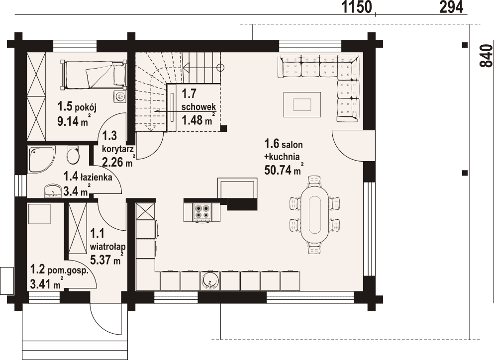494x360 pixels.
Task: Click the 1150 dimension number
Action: (357, 7)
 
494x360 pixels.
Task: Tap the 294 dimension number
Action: (452, 7)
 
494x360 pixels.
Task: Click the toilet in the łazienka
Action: (73, 155)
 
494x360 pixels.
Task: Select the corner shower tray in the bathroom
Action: (40, 160)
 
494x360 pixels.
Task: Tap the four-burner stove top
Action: (201, 211)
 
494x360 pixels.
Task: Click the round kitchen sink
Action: (209, 280)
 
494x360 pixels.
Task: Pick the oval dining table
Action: (314, 215)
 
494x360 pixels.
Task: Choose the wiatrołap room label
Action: (106, 245)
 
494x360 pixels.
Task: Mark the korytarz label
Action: (118, 149)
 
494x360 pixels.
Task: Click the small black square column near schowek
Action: (224, 128)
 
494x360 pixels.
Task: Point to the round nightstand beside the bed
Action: (119, 96)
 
